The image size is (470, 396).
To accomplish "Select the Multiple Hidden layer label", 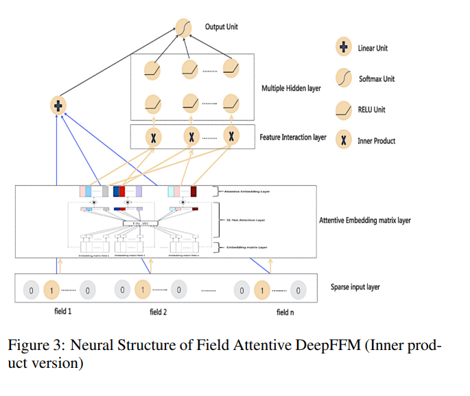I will pyautogui.click(x=291, y=89).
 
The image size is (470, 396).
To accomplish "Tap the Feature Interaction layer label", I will pyautogui.click(x=293, y=137).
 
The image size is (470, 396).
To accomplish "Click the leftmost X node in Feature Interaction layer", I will pyautogui.click(x=153, y=137).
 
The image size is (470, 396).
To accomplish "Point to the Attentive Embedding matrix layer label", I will pyautogui.click(x=364, y=220).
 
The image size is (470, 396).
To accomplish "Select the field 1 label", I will pyautogui.click(x=62, y=312).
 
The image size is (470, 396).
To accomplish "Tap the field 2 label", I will pyautogui.click(x=158, y=312).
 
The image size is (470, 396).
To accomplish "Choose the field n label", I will pyautogui.click(x=284, y=312).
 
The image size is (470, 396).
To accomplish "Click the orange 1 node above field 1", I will pyautogui.click(x=50, y=291).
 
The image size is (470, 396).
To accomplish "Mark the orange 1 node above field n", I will pyautogui.click(x=261, y=291).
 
